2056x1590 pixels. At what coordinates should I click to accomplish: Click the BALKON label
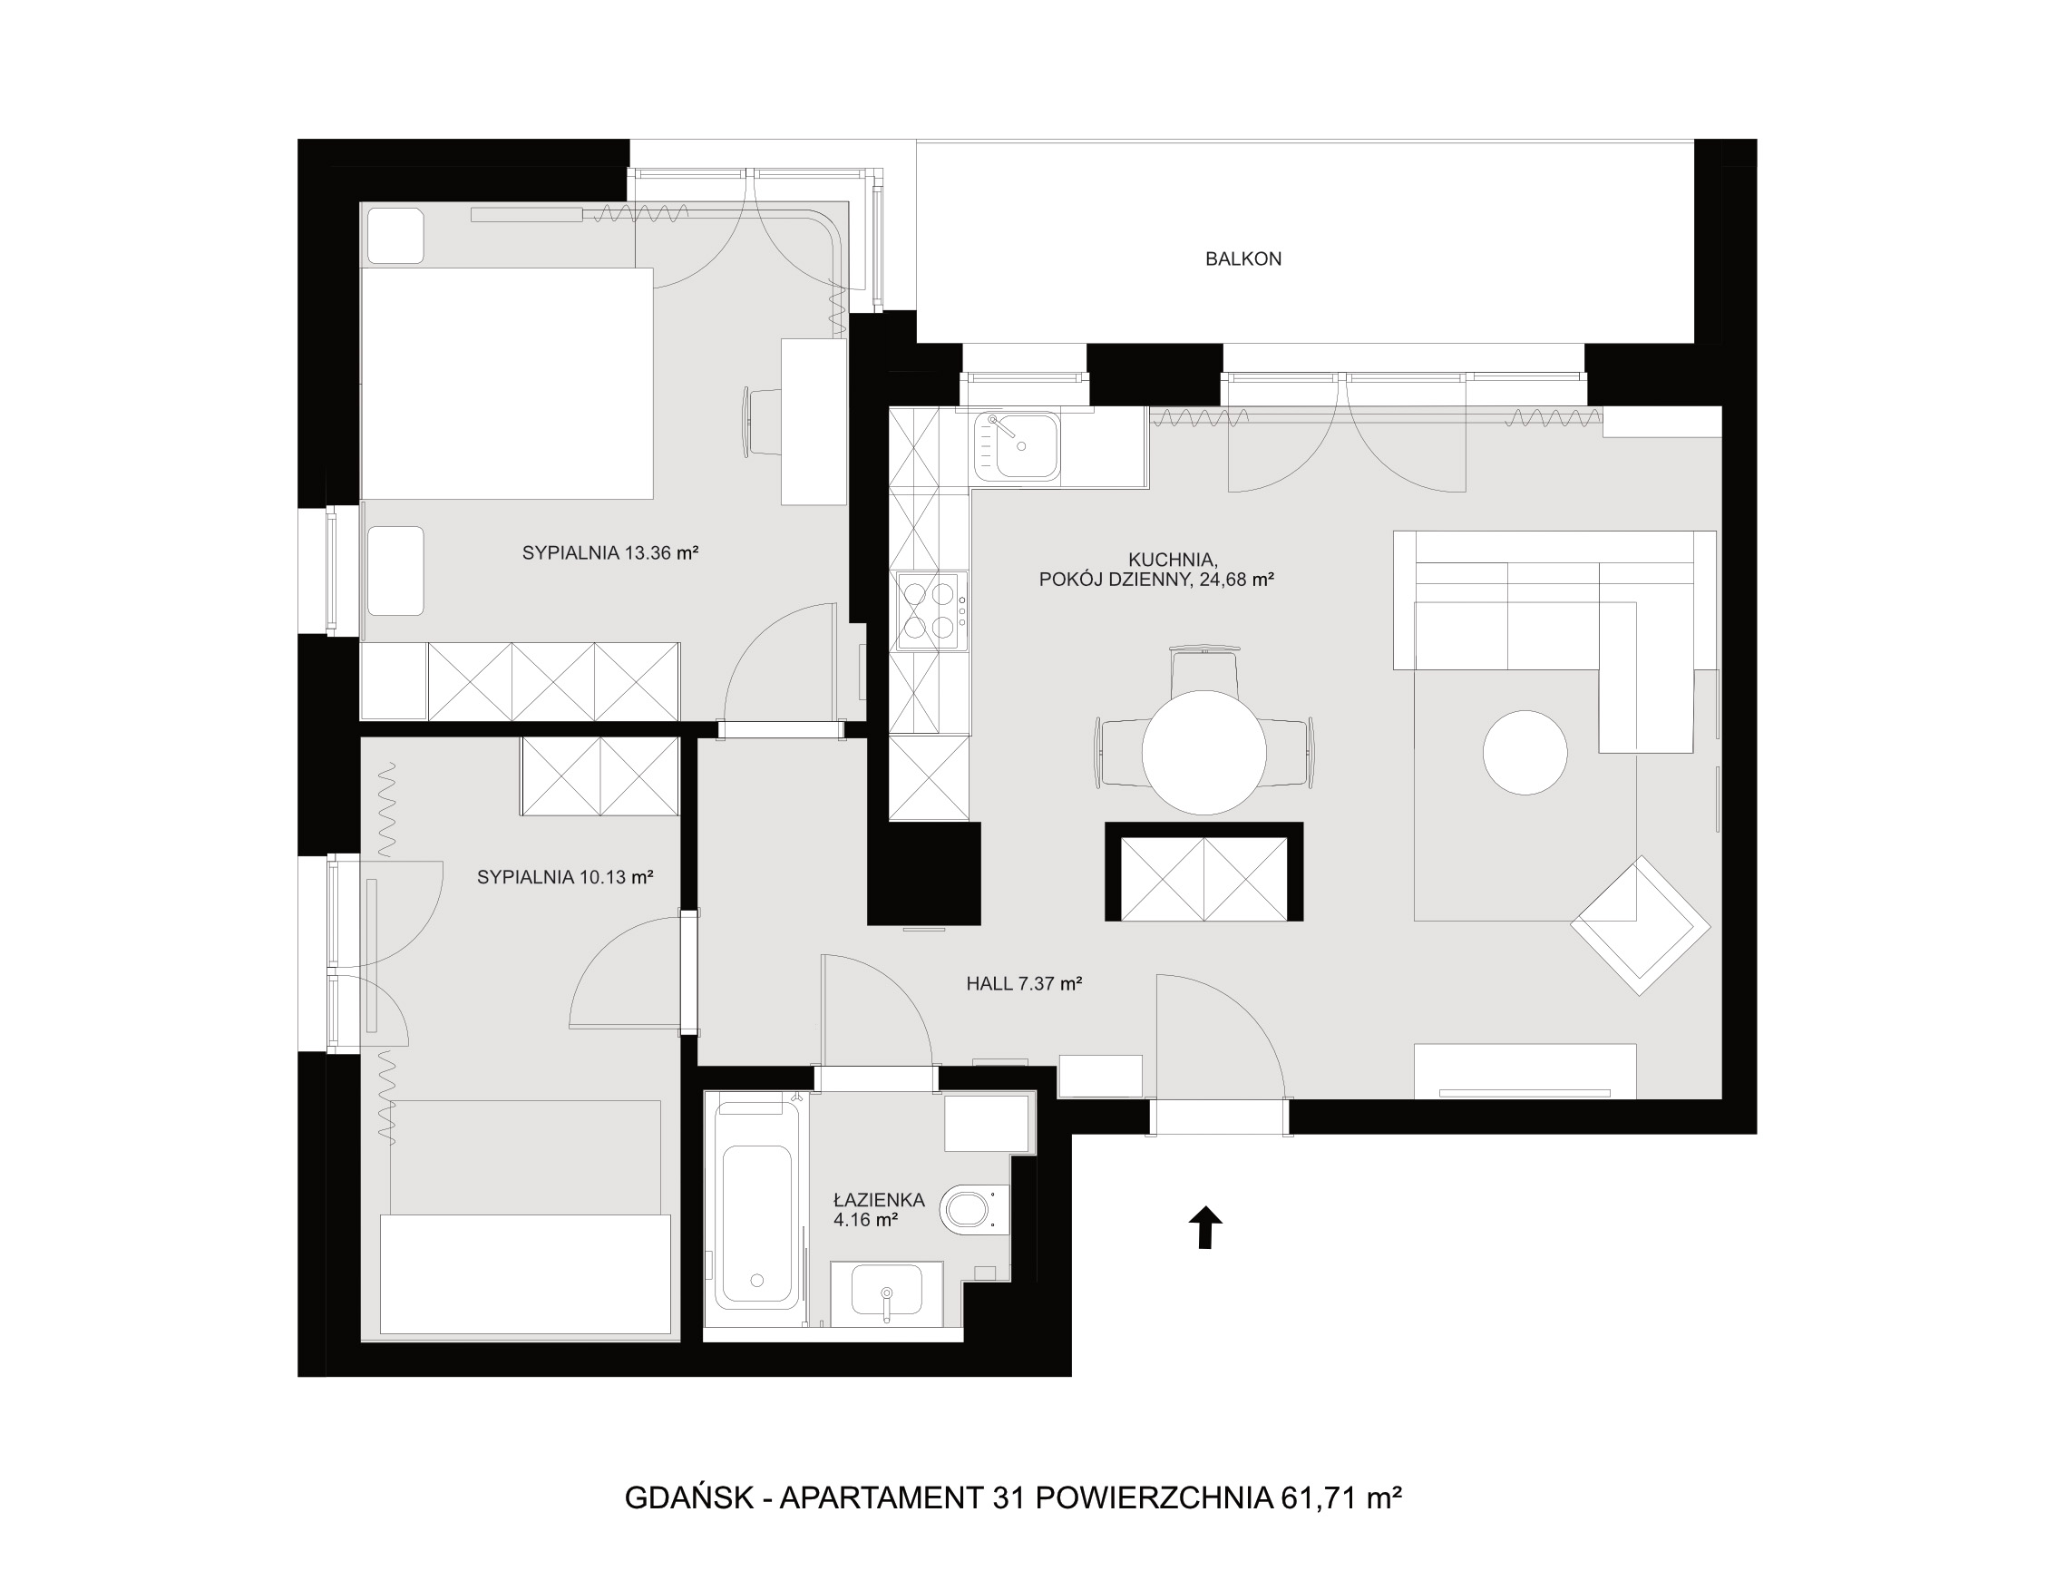1242,258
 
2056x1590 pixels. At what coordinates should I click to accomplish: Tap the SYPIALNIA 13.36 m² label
610,552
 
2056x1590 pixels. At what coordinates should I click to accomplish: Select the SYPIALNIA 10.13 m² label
565,877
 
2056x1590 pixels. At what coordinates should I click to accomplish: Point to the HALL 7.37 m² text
1023,984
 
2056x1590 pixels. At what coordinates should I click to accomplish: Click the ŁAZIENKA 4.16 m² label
878,1211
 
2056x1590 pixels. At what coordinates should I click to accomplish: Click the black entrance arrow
1206,1227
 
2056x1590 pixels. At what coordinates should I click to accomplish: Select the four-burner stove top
932,611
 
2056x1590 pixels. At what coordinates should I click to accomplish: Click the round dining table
1204,752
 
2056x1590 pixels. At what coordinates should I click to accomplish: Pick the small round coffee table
1525,753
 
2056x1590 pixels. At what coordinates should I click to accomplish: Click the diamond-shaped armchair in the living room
1640,924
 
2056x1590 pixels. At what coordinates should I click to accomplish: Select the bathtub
757,1210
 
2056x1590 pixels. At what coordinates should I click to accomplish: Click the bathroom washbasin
887,1292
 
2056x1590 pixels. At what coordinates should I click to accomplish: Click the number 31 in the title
1009,1497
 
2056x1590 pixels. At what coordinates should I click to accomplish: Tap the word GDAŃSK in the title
689,1497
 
